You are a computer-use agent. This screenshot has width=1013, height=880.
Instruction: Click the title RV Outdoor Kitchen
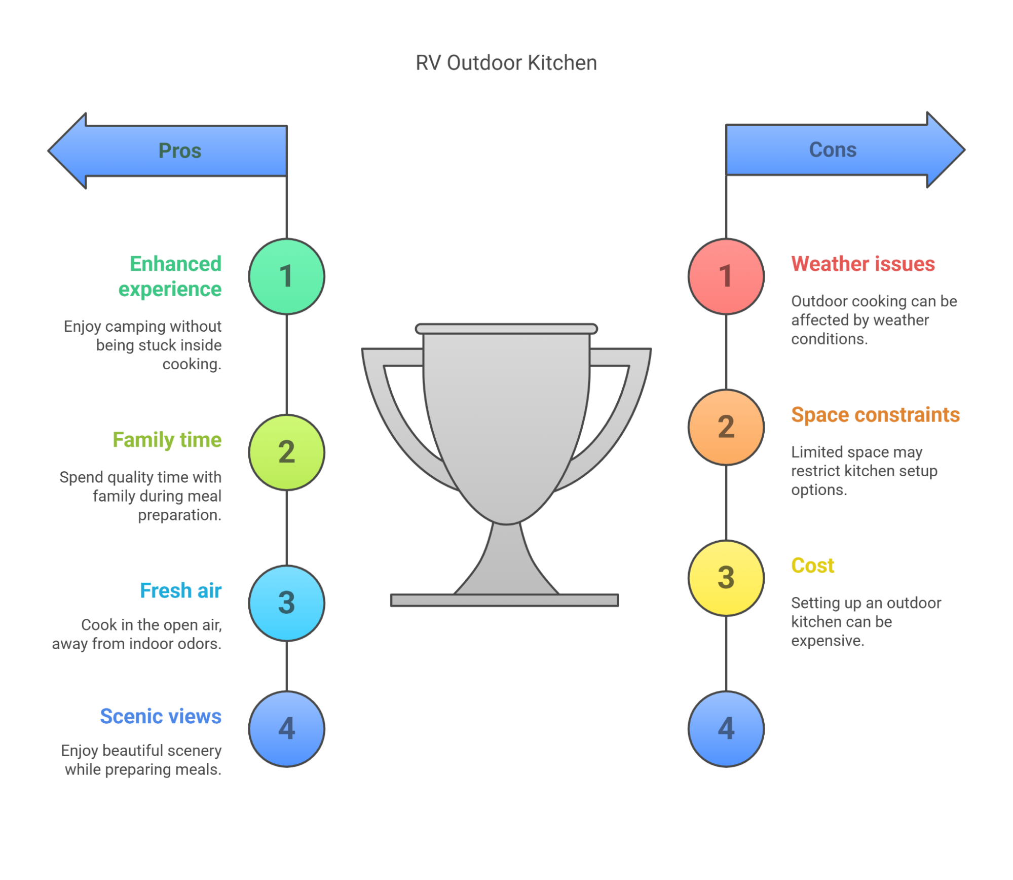pos(506,63)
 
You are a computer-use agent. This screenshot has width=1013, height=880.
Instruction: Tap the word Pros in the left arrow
pos(180,151)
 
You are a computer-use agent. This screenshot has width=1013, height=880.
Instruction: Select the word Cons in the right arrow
pos(832,150)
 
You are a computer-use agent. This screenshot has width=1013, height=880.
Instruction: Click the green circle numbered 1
pos(286,276)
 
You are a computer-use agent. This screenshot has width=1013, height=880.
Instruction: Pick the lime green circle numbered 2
pos(286,452)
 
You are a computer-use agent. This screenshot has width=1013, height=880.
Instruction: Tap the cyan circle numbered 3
pos(286,603)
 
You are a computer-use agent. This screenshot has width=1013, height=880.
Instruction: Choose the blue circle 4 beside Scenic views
pos(286,729)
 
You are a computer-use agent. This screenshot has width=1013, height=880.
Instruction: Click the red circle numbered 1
pos(726,276)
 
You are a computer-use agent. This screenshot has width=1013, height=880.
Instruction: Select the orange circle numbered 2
pos(726,427)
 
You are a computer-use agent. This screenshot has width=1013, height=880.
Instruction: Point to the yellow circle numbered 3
pos(726,578)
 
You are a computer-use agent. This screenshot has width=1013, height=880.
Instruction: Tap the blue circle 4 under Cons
pos(726,729)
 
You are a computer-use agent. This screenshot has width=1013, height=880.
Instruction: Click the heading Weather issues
pos(862,264)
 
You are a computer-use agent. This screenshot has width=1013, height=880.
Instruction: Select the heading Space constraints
pos(875,415)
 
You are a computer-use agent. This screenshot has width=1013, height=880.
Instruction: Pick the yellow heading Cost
pos(812,566)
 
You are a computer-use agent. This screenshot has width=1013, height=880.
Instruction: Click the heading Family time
pos(167,440)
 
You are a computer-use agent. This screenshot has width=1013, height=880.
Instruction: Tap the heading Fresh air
pos(181,590)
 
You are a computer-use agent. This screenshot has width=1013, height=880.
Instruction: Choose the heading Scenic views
pos(161,716)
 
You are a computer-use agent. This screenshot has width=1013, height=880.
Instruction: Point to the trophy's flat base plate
pos(504,600)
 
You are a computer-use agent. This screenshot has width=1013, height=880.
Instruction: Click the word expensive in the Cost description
pos(828,641)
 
